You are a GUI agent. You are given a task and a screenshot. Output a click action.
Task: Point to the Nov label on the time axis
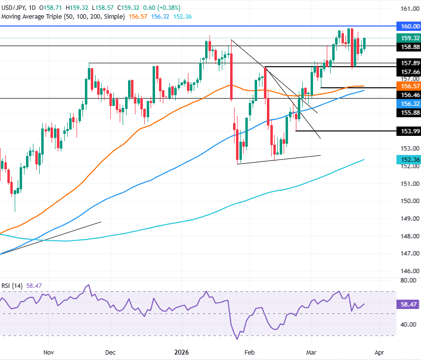pyautogui.click(x=48, y=352)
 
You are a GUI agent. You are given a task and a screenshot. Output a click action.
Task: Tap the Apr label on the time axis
pyautogui.click(x=379, y=352)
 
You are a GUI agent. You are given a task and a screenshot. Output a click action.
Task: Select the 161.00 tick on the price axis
pyautogui.click(x=409, y=9)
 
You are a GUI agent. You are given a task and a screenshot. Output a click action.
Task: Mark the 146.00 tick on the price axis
pyautogui.click(x=409, y=271)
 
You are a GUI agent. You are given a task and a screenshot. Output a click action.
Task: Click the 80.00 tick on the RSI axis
pyautogui.click(x=409, y=281)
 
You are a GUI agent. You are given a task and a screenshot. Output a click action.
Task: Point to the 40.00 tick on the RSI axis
pyautogui.click(x=409, y=325)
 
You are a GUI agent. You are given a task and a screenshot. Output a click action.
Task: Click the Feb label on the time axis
pyautogui.click(x=249, y=352)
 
